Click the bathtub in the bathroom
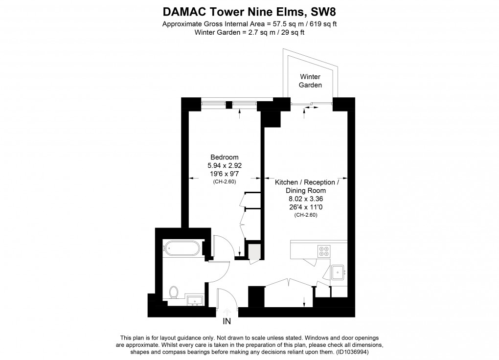click(181, 248)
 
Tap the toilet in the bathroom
click(174, 292)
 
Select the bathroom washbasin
click(195, 300)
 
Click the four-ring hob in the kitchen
click(324, 251)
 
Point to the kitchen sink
click(338, 272)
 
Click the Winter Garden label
click(310, 81)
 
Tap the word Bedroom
click(225, 157)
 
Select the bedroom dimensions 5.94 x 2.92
click(225, 165)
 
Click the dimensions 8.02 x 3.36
click(305, 199)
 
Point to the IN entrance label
click(227, 321)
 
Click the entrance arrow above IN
click(227, 312)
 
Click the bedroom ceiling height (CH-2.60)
click(225, 182)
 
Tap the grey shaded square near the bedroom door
click(254, 250)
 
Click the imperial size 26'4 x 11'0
click(305, 207)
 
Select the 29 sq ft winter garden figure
click(292, 32)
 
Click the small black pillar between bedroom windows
click(229, 105)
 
